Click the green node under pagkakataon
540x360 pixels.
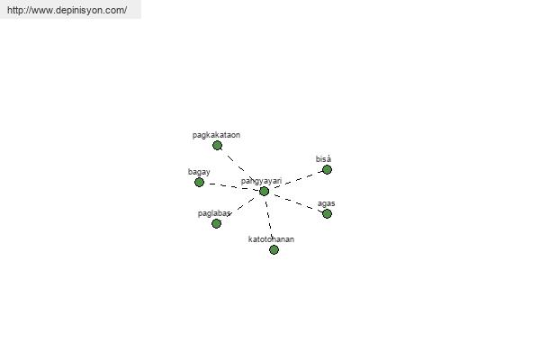217,146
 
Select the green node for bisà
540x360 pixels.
327,169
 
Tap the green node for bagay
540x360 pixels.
199,182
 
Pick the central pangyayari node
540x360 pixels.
264,191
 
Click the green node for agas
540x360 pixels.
327,214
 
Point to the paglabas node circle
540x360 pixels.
216,223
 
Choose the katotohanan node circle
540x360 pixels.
274,250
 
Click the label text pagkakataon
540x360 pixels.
216,135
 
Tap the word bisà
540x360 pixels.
323,158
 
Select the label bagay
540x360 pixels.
199,172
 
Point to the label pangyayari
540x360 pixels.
261,181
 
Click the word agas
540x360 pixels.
326,203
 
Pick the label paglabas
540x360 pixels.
214,213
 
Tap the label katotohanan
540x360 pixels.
271,239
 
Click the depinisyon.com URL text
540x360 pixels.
67,10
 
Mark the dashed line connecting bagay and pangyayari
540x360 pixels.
231,186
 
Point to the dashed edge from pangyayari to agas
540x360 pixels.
295,202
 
